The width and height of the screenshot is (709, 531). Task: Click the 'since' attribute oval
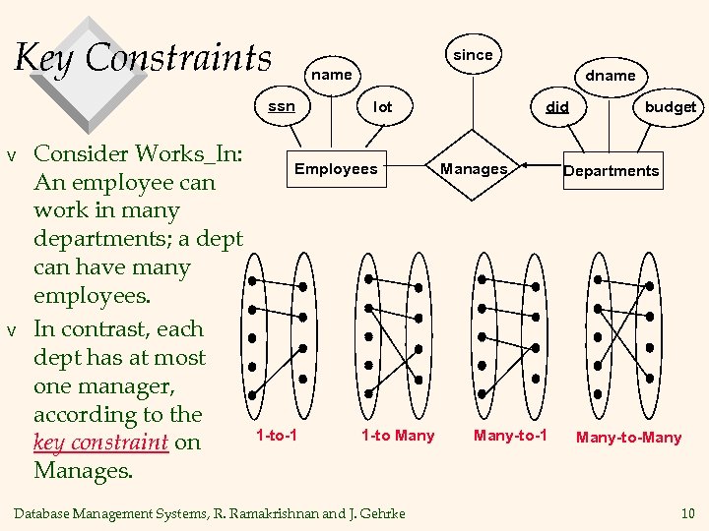(x=473, y=55)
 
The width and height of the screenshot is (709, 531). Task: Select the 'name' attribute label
(x=331, y=75)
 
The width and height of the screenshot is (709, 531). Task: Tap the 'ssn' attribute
(x=282, y=106)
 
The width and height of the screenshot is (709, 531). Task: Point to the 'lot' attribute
(x=383, y=106)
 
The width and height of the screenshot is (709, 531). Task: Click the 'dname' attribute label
(x=611, y=75)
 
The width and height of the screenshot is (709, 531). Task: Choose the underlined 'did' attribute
(x=557, y=106)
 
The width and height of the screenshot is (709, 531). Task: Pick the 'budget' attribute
(x=670, y=106)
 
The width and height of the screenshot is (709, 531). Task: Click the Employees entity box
(x=336, y=169)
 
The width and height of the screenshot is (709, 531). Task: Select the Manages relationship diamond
(x=474, y=169)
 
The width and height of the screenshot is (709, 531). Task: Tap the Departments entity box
(x=611, y=170)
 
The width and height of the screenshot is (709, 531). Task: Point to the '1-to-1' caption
(x=277, y=435)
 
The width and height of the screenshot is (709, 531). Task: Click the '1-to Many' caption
(x=397, y=435)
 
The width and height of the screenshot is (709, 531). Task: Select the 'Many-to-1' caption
(x=510, y=435)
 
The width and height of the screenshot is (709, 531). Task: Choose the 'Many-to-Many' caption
(x=628, y=437)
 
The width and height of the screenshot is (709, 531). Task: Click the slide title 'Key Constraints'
(x=144, y=57)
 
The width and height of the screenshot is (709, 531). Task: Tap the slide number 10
(x=686, y=512)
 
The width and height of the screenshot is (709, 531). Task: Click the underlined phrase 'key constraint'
(x=100, y=442)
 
